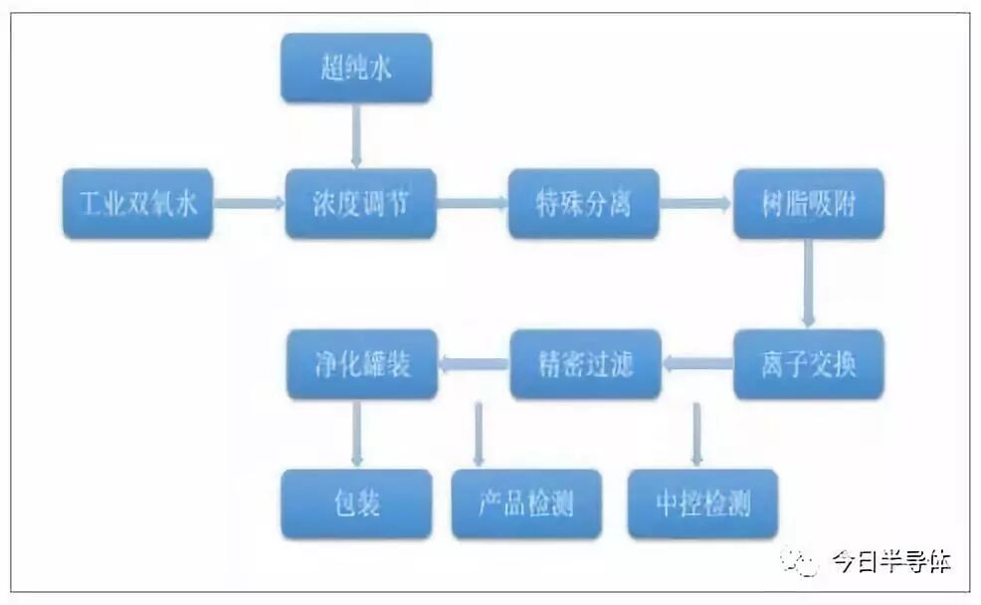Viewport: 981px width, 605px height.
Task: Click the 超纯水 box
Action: click(x=356, y=68)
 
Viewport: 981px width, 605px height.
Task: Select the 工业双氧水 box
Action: click(x=138, y=205)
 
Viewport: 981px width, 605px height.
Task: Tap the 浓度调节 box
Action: click(x=360, y=205)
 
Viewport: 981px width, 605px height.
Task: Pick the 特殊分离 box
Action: click(x=583, y=205)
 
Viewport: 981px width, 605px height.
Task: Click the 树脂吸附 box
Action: click(x=808, y=205)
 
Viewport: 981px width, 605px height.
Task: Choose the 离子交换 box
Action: click(x=808, y=364)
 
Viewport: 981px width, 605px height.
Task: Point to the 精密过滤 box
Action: click(x=585, y=364)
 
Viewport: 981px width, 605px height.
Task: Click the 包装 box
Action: click(x=356, y=504)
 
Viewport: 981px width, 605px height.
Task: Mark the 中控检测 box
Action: click(x=702, y=504)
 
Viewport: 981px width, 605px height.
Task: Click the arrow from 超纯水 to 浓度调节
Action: click(x=356, y=135)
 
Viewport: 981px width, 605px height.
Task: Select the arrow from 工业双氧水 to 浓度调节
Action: click(x=248, y=205)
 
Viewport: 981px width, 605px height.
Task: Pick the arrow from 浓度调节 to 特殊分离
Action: click(x=472, y=205)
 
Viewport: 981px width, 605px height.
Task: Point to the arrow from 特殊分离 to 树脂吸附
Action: click(x=694, y=205)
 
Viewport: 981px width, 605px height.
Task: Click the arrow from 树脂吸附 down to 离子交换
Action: click(x=808, y=284)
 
